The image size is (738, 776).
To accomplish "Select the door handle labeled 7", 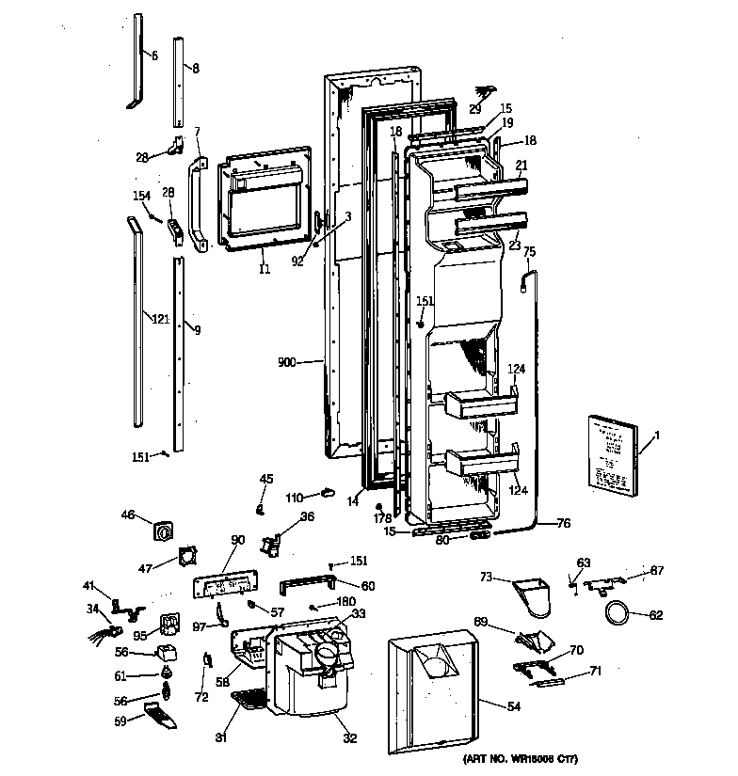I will tap(198, 205).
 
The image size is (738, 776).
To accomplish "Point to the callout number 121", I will tap(159, 320).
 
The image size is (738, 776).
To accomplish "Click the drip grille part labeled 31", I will tap(249, 702).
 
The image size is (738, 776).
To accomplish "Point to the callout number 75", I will tap(529, 251).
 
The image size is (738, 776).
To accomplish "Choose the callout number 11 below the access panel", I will tap(265, 269).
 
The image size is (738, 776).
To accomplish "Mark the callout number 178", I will tap(381, 518).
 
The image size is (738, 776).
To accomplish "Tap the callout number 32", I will tap(349, 738).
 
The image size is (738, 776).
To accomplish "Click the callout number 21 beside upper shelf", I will tap(521, 165).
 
